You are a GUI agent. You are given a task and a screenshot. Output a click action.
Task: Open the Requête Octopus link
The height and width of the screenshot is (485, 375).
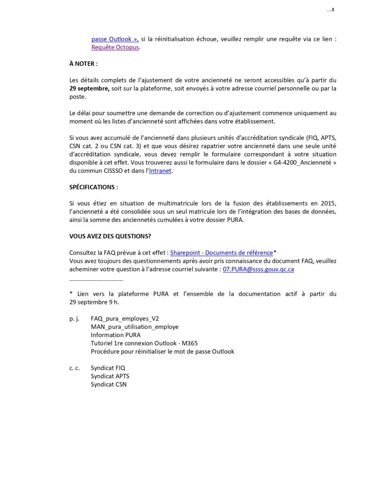pos(115,47)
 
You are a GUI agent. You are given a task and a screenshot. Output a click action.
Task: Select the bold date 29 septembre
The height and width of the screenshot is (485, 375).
pos(89,88)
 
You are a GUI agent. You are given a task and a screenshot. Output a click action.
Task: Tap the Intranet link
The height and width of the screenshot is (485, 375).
pos(160,171)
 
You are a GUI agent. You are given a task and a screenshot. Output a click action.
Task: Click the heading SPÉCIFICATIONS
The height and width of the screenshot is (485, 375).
pos(93,187)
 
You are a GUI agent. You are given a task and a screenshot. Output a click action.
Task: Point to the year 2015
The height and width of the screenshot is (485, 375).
pos(329,203)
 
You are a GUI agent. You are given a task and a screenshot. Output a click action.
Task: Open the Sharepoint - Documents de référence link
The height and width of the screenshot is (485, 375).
pos(221,252)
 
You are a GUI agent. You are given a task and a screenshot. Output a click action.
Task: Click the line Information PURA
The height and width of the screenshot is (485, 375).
pos(116,335)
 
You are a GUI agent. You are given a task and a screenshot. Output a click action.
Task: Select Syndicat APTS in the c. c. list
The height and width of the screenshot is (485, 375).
pos(110,376)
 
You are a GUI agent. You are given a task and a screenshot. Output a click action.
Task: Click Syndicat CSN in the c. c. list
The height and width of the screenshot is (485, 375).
pos(109,385)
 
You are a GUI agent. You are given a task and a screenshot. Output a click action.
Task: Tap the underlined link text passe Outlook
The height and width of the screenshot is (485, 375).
pos(114,39)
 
